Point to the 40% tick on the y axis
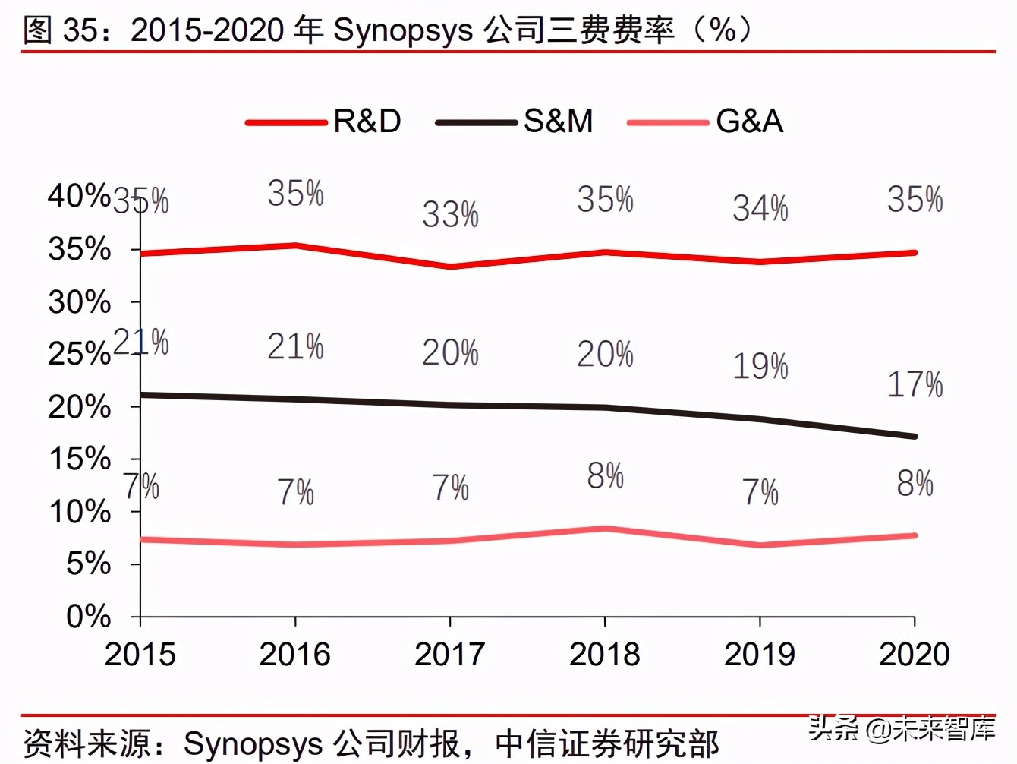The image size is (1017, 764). click(79, 196)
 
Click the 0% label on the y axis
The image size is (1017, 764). click(89, 617)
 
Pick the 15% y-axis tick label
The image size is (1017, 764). click(79, 459)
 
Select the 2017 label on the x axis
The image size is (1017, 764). click(450, 655)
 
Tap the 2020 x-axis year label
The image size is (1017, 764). click(915, 655)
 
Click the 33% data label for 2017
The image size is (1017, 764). click(450, 216)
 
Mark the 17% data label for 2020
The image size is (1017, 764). click(915, 385)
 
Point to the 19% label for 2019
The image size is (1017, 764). click(760, 367)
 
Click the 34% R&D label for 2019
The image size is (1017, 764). click(760, 209)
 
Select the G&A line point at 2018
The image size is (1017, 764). click(605, 529)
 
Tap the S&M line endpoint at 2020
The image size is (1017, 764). click(915, 437)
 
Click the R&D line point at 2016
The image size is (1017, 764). click(295, 245)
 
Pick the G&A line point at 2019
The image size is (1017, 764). click(760, 545)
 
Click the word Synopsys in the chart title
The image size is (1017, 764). click(403, 30)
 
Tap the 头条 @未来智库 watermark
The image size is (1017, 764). click(901, 729)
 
